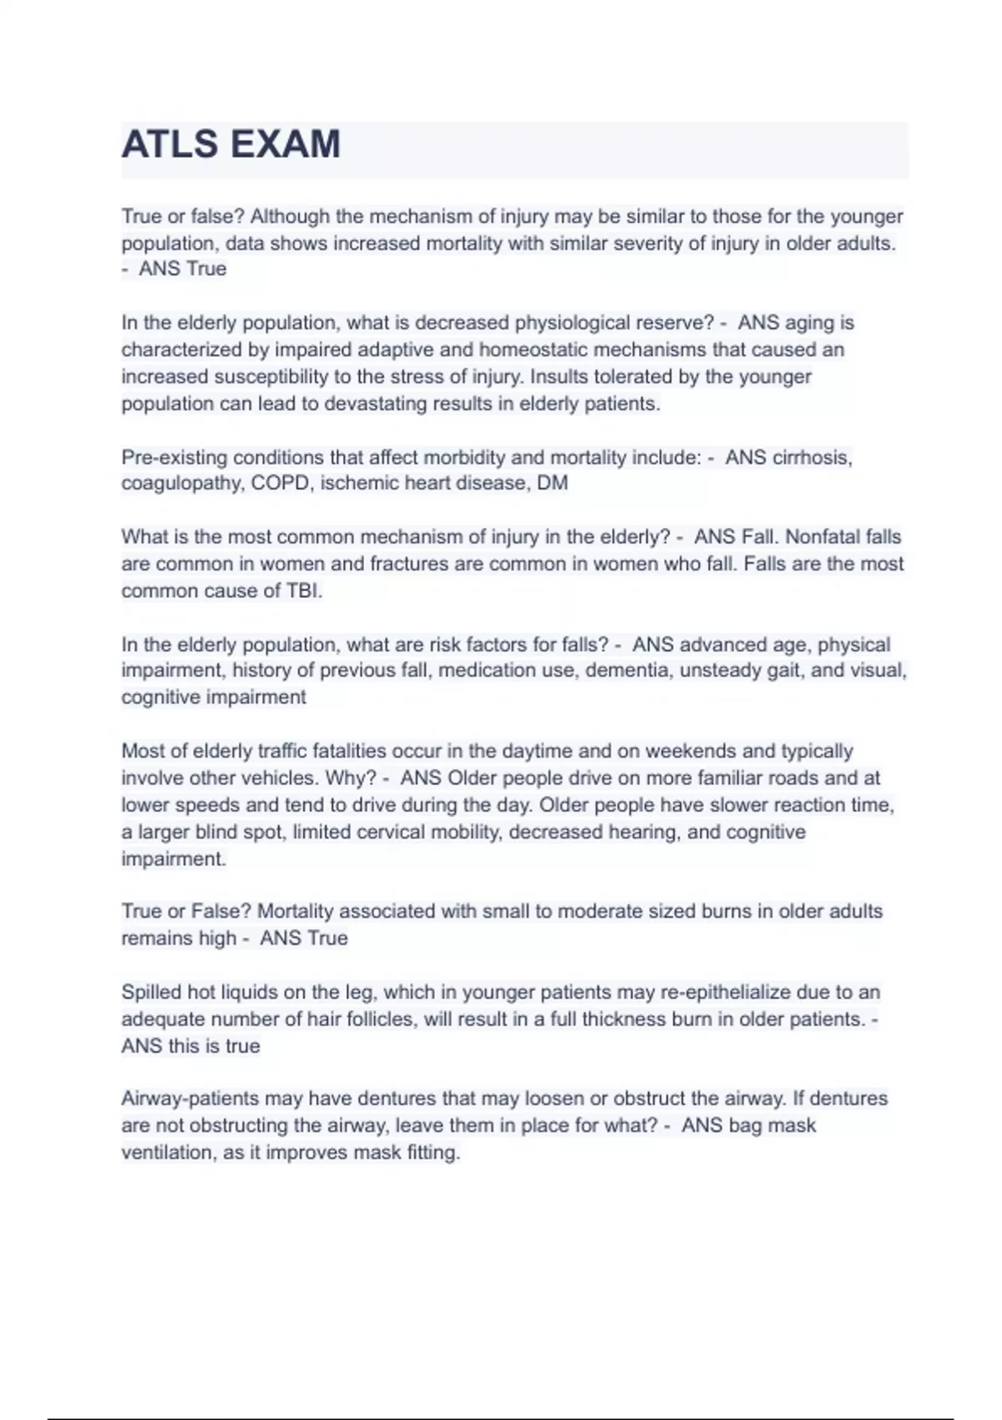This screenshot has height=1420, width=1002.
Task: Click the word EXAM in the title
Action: [285, 145]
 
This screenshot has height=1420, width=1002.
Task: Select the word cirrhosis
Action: [811, 458]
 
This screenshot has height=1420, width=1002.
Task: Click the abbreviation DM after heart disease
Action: [552, 484]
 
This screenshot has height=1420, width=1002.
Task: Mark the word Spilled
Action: [151, 992]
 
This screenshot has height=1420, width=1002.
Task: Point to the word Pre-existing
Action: [174, 458]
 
